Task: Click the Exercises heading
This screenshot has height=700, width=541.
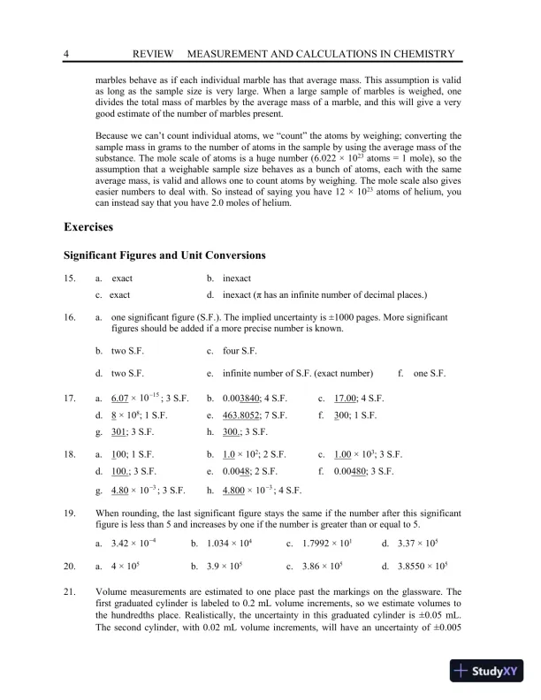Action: [x=88, y=228]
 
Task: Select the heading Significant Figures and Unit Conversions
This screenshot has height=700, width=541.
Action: [x=164, y=256]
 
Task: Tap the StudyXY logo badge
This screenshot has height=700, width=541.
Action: [x=488, y=670]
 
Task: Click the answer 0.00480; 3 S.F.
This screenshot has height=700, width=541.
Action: [x=368, y=471]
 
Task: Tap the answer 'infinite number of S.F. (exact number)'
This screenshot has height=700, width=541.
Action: [x=298, y=373]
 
